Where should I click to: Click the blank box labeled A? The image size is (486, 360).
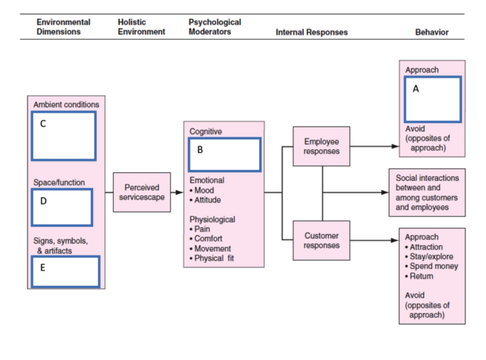click(x=433, y=99)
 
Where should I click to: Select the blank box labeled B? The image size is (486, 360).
click(x=225, y=155)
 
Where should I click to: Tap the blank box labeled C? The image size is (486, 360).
click(x=64, y=136)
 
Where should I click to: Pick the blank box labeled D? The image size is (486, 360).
click(x=62, y=207)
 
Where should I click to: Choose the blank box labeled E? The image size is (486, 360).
click(x=65, y=272)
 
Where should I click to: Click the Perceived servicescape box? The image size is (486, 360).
click(x=142, y=192)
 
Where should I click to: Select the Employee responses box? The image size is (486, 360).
click(x=321, y=146)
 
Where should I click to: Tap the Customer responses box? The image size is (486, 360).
click(x=321, y=241)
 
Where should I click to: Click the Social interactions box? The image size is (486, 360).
click(x=427, y=193)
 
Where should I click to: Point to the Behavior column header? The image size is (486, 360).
click(x=432, y=32)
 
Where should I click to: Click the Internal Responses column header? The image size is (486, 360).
click(x=312, y=32)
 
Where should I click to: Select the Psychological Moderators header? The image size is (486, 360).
click(x=215, y=27)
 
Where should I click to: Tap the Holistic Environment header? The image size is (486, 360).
click(x=141, y=27)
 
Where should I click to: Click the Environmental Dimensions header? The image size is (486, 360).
click(x=63, y=27)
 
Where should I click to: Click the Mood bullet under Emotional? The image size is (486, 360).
click(x=204, y=190)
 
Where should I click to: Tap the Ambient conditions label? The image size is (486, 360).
click(x=66, y=105)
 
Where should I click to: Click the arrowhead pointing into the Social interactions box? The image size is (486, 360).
click(x=385, y=192)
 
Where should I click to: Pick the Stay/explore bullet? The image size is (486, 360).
click(x=431, y=256)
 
